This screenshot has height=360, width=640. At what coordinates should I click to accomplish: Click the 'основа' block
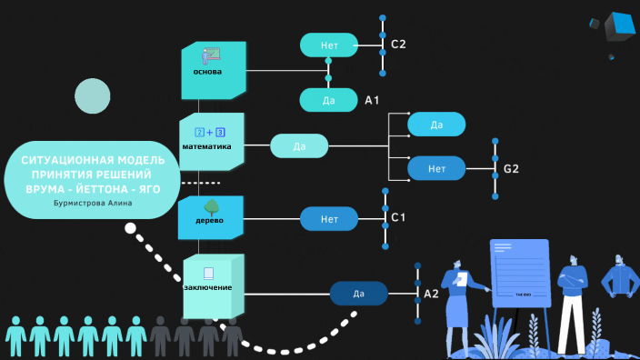[213, 70]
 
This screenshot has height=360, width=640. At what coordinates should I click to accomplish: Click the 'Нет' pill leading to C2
[329, 44]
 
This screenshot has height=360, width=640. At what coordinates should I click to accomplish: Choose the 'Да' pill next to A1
[328, 99]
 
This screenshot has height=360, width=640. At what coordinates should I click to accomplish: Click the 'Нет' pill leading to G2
[436, 168]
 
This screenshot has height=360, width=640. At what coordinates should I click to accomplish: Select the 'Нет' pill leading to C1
[329, 219]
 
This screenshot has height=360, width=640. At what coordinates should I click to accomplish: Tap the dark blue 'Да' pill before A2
[358, 294]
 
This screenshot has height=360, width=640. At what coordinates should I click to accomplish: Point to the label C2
[398, 45]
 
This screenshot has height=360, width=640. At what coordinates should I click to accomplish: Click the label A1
[372, 100]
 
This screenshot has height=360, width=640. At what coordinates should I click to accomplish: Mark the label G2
[511, 169]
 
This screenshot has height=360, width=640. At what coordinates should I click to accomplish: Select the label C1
[398, 219]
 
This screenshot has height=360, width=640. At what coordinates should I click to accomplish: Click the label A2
[431, 295]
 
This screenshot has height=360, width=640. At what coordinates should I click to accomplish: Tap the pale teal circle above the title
[92, 96]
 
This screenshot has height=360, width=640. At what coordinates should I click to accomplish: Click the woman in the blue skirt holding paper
[457, 305]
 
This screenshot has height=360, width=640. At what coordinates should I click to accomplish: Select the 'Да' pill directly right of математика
[299, 145]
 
